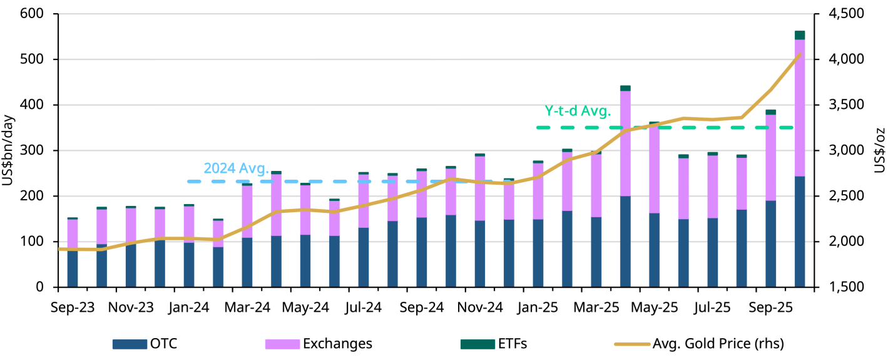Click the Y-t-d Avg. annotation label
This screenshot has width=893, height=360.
click(577, 111)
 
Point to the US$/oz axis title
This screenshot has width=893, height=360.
click(884, 151)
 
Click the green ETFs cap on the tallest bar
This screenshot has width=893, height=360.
click(800, 35)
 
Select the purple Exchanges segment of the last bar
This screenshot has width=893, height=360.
click(800, 106)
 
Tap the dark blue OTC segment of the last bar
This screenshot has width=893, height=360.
click(800, 232)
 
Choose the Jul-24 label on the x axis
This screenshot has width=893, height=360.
click(363, 307)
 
